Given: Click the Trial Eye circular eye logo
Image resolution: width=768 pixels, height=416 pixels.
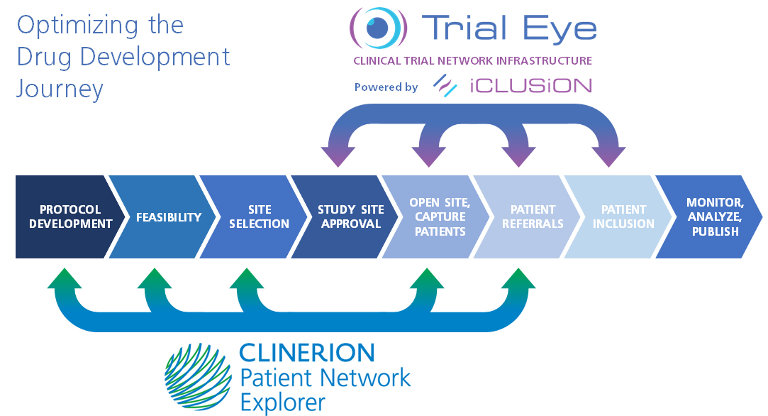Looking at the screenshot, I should [379, 28].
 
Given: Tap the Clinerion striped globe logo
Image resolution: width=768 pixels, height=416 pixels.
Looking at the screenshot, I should [198, 377].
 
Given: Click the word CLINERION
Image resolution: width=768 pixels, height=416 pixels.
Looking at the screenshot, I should [306, 352].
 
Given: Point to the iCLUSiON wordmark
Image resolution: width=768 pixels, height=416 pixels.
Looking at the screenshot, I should [530, 86].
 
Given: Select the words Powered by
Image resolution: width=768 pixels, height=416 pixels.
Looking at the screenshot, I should [386, 87].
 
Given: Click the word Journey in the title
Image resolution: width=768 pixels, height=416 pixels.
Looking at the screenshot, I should [60, 89].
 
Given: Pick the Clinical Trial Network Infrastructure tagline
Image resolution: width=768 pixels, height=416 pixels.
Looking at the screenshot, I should [472, 61].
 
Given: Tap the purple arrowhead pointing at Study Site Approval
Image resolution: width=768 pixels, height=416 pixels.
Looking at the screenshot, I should [339, 155].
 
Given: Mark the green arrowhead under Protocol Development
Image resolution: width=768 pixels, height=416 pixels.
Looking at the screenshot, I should [65, 278].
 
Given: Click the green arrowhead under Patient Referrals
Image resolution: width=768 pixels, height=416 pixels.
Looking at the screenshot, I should [518, 278].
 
